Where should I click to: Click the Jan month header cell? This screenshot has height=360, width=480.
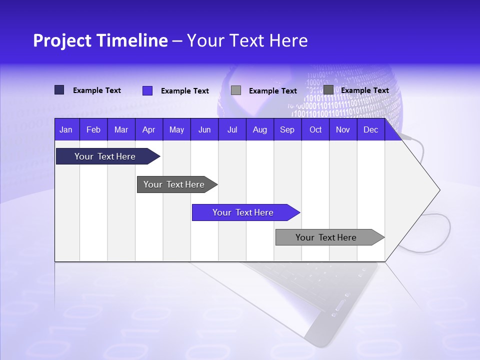(66, 129)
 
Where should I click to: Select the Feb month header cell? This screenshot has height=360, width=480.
(93, 129)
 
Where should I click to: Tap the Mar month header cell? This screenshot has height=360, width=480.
(121, 129)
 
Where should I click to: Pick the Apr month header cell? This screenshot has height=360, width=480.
(149, 129)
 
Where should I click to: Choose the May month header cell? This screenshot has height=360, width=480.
(176, 129)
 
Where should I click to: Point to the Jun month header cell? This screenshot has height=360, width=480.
(204, 129)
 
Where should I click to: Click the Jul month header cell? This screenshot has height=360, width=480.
(232, 129)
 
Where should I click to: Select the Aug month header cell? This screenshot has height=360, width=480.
(260, 129)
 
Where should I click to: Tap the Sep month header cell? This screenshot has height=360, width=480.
(287, 129)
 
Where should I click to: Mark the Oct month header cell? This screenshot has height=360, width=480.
(315, 129)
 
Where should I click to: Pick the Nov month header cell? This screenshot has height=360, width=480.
(343, 129)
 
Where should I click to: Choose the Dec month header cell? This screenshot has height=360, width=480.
(371, 129)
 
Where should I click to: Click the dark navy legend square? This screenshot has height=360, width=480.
(59, 90)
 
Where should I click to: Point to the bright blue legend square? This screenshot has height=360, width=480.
(147, 90)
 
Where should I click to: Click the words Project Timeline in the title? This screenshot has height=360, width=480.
(100, 40)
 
